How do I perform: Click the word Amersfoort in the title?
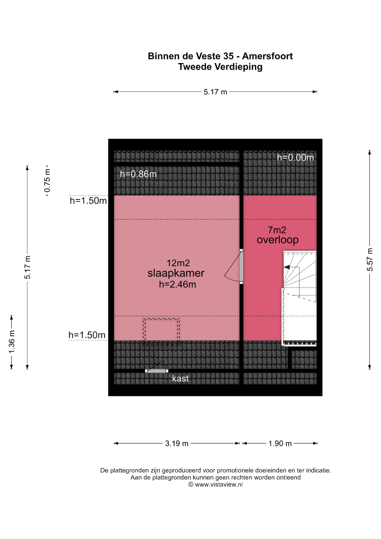click(x=267, y=56)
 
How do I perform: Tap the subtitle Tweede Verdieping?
click(x=220, y=67)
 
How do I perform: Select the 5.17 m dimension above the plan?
click(x=215, y=92)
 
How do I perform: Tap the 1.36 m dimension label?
click(x=12, y=342)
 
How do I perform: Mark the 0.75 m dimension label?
click(x=47, y=181)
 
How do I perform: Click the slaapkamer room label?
click(x=176, y=273)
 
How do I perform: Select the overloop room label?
click(x=278, y=240)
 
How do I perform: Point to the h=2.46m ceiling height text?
click(x=177, y=285)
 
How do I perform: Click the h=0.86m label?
click(x=138, y=174)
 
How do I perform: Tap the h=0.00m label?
click(x=296, y=157)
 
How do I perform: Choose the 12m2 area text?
click(x=178, y=263)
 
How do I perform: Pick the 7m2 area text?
click(x=277, y=230)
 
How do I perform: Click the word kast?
click(x=180, y=378)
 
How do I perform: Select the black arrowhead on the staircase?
click(x=287, y=267)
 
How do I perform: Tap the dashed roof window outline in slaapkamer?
click(x=161, y=332)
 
